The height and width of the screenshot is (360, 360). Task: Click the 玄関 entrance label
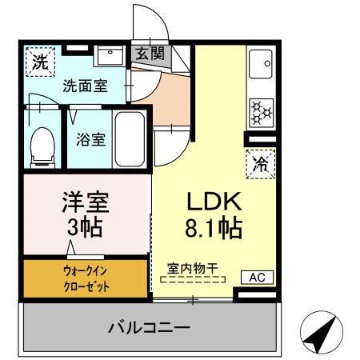tap(149, 54)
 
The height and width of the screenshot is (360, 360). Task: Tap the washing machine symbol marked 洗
tap(38, 61)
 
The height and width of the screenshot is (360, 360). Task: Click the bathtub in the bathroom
tap(129, 138)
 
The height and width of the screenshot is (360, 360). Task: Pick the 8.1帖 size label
tap(209, 229)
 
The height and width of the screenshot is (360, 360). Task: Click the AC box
tap(257, 277)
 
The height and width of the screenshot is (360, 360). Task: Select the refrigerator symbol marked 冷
tap(261, 163)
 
